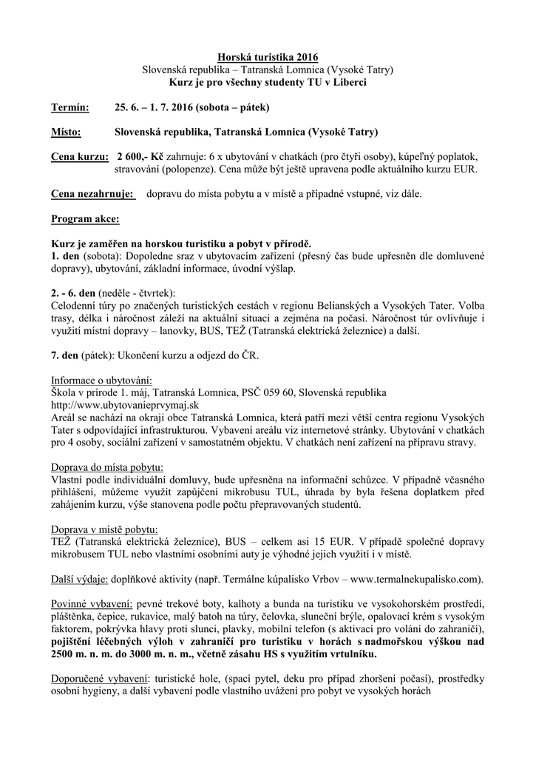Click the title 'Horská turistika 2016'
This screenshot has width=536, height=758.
[x=268, y=57]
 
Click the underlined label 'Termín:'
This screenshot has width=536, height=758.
[x=69, y=107]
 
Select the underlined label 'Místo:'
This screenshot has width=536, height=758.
[x=66, y=133]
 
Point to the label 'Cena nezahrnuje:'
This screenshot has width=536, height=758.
[x=92, y=194]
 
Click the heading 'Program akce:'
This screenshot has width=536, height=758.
[x=84, y=219]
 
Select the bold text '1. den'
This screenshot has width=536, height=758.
[x=65, y=255]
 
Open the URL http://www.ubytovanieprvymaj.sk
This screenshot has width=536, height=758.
[x=125, y=405]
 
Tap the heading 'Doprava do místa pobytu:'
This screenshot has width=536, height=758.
[x=107, y=467]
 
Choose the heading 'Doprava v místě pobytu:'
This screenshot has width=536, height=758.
[x=104, y=529]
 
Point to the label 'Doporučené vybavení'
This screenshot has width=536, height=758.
[x=98, y=679]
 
